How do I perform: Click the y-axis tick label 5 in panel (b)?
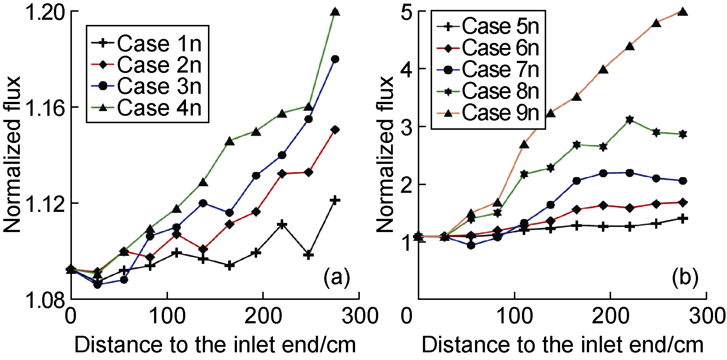point(406,12)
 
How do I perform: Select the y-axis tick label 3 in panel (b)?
point(406,127)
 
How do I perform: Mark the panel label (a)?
point(336,278)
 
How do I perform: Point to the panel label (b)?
point(685,278)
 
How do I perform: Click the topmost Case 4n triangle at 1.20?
point(335,12)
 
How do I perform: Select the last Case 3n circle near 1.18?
point(335,59)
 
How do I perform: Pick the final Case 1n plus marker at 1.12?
point(335,200)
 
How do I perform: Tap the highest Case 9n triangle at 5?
point(683,12)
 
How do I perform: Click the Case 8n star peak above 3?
point(630,120)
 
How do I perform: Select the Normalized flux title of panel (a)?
point(12,154)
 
